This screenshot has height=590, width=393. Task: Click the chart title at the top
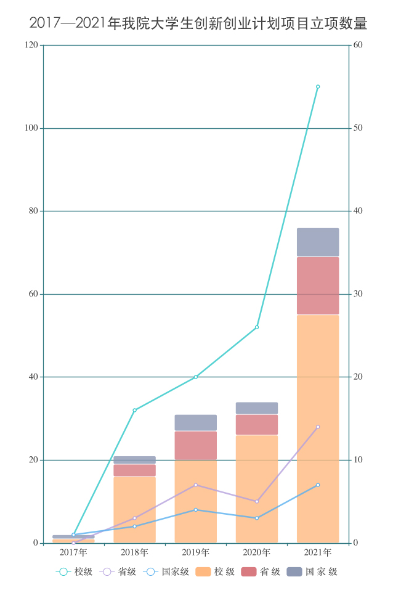pyautogui.click(x=198, y=24)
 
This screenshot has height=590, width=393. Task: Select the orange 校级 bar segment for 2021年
pyautogui.click(x=318, y=428)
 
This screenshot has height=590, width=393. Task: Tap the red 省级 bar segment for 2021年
pyautogui.click(x=318, y=285)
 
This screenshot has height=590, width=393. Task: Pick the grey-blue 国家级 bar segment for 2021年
pyautogui.click(x=318, y=242)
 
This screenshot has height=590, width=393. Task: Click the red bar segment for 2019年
pyautogui.click(x=196, y=445)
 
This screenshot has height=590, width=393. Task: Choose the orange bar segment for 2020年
pyautogui.click(x=257, y=488)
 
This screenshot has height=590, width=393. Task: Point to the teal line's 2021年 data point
pyautogui.click(x=318, y=87)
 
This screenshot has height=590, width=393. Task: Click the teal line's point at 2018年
pyautogui.click(x=135, y=410)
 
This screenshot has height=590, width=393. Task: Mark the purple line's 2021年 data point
pyautogui.click(x=318, y=427)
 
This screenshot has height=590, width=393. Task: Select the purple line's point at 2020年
pyautogui.click(x=257, y=501)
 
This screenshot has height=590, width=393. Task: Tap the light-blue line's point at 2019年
pyautogui.click(x=196, y=510)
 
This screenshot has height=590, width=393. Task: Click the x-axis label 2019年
pyautogui.click(x=196, y=552)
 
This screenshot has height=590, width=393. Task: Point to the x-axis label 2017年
pyautogui.click(x=74, y=552)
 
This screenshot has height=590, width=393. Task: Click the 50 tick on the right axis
pyautogui.click(x=358, y=128)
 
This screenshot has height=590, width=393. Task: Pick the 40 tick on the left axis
pyautogui.click(x=31, y=377)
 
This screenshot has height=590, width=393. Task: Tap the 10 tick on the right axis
pyautogui.click(x=358, y=460)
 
